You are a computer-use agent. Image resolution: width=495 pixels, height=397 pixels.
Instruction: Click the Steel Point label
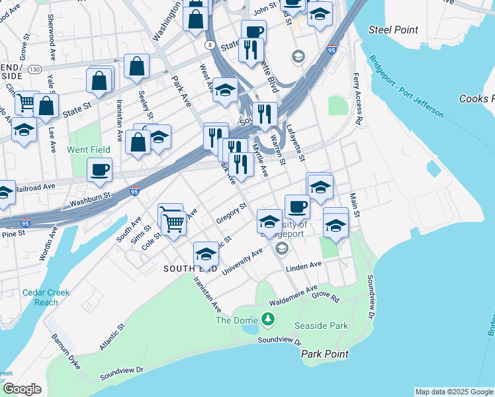[x=393, y=30]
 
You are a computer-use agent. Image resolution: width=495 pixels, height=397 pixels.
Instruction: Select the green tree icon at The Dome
[x=268, y=320]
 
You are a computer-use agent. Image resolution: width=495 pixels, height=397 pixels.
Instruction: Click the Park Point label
[x=324, y=354]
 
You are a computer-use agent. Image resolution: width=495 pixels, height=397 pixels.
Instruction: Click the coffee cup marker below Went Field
[x=99, y=170]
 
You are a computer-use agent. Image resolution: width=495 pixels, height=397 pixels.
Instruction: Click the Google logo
[x=21, y=389]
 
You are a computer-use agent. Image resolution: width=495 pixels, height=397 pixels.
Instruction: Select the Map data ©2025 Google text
[x=454, y=392]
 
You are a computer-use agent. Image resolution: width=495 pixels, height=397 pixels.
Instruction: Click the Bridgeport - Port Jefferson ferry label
[x=408, y=86]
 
